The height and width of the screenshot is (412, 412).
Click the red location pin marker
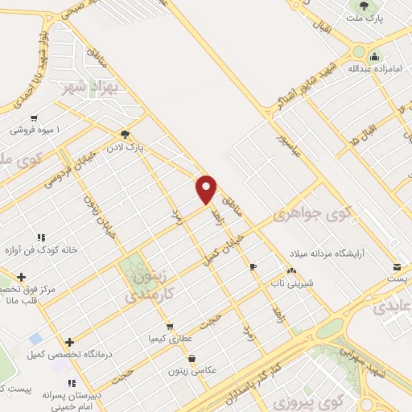(x=207, y=189)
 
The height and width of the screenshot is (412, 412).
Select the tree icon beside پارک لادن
(x=124, y=134)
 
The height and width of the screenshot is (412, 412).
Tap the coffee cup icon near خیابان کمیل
(x=254, y=266)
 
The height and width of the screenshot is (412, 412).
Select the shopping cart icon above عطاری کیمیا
(x=170, y=327)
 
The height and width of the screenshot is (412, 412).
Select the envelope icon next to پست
(x=397, y=266)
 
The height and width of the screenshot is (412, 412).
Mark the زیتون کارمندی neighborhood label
(x=147, y=286)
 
